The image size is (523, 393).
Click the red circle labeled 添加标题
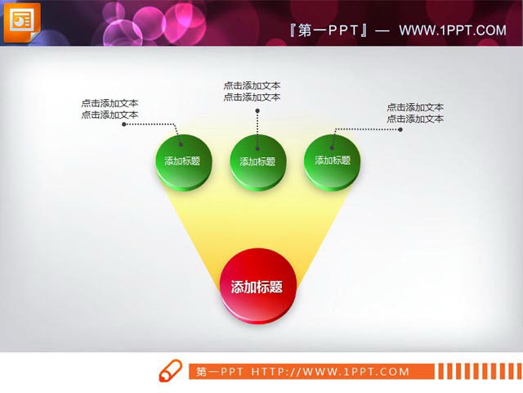tap(257, 286)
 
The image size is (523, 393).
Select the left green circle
tap(182, 160)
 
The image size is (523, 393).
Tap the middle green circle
tap(257, 160)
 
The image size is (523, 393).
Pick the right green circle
tap(332, 160)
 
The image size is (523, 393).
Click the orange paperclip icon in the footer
tap(169, 370)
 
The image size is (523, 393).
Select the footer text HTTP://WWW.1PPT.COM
tap(329, 372)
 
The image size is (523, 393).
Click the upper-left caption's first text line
tap(110, 103)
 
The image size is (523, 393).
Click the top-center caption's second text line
tap(252, 97)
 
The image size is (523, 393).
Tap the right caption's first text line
tap(415, 107)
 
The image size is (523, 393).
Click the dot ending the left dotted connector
tap(124, 125)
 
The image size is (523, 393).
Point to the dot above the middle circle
tap(257, 111)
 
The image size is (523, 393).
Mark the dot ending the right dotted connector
tap(400, 129)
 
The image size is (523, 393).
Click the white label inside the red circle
tap(257, 287)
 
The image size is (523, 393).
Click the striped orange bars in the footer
tap(477, 371)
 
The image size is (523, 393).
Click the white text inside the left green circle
tap(182, 161)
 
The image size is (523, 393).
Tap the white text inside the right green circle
tap(332, 160)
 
